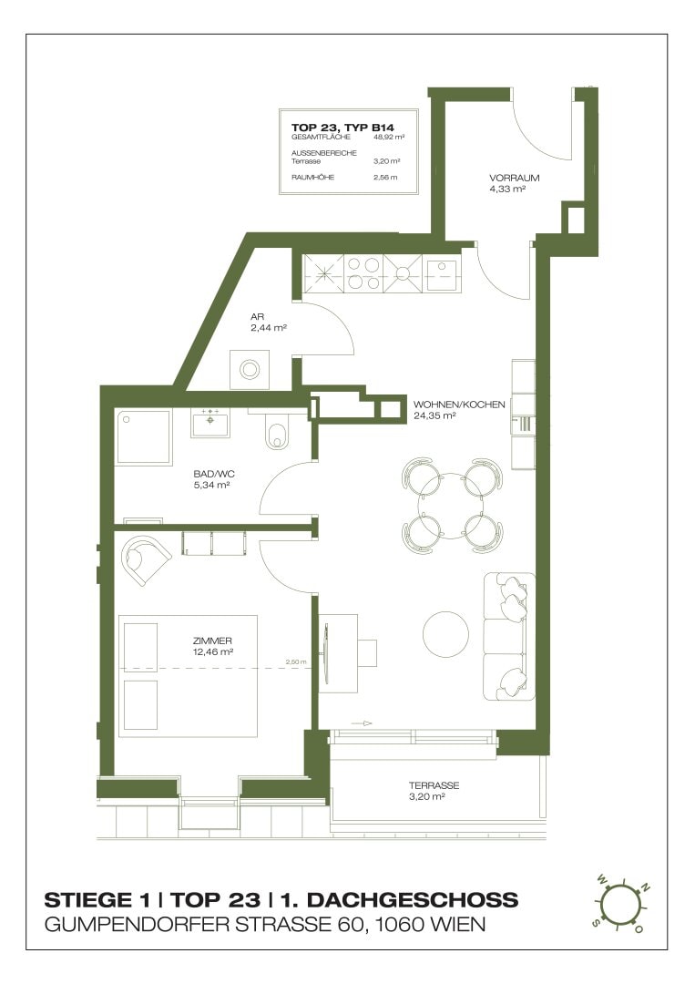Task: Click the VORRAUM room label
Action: tap(515, 178)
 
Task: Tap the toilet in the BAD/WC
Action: tap(277, 432)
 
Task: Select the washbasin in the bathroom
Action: tap(210, 422)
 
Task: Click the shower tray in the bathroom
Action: tap(144, 436)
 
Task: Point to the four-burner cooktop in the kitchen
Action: tap(363, 273)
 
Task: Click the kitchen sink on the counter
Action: tap(442, 274)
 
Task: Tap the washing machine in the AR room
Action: tap(250, 369)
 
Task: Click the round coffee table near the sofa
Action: tap(445, 634)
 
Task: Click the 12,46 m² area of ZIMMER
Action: tap(213, 651)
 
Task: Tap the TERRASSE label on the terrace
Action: tap(434, 785)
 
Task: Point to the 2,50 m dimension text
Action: tap(296, 661)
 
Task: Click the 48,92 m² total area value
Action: tap(389, 136)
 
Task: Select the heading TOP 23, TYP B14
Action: tap(342, 128)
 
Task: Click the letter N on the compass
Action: tap(647, 887)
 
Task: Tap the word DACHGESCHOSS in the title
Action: tap(413, 900)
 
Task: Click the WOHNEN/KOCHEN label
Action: tap(459, 405)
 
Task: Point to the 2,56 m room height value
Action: tap(385, 177)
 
